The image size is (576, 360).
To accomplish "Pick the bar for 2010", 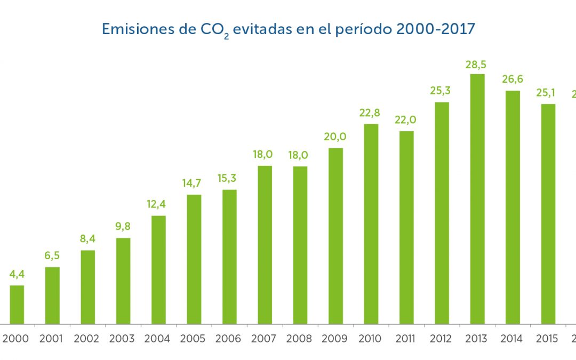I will [371, 223].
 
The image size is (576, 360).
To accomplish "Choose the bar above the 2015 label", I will [548, 213].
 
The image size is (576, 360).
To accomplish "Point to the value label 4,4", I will [17, 275].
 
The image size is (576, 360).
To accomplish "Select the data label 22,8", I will [371, 113].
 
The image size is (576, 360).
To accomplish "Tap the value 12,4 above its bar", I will [158, 204].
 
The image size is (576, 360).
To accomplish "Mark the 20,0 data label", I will [335, 137].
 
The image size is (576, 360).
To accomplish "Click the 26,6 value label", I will [513, 79].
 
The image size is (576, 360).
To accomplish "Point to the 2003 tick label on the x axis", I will [123, 339].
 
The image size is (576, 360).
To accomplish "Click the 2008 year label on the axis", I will [300, 339].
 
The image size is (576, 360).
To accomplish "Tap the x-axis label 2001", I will [52, 339].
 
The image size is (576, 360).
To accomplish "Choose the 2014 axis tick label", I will [513, 339].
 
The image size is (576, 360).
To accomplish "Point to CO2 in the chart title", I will [214, 30].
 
